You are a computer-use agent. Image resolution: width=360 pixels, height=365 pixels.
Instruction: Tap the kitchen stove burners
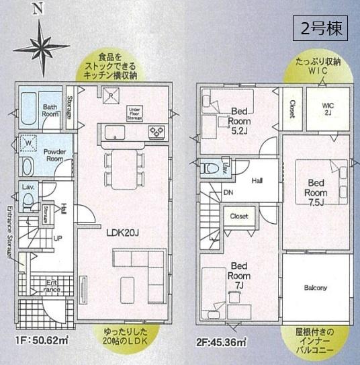[x=157, y=131]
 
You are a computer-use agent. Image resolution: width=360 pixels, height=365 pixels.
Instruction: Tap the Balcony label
[x=315, y=288]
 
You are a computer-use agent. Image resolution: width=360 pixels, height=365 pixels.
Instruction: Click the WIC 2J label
[x=328, y=108]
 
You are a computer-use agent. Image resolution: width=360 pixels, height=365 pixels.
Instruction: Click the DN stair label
[x=229, y=192]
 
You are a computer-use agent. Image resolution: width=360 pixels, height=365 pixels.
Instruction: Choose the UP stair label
[x=57, y=237]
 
